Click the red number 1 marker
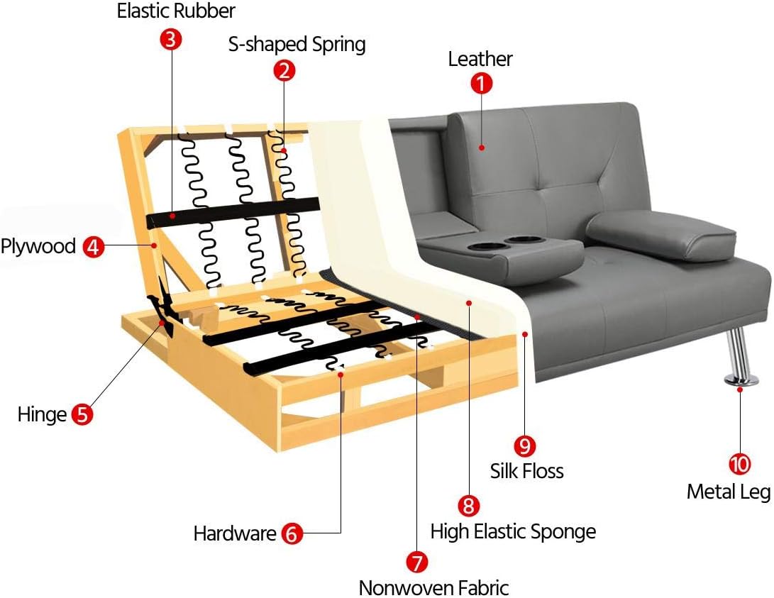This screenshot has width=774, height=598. [481, 83]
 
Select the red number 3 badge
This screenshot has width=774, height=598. [170, 38]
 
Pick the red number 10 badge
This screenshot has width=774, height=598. [739, 465]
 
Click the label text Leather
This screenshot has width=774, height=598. [480, 59]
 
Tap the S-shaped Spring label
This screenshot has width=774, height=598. [297, 45]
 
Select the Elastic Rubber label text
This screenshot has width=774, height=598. [176, 11]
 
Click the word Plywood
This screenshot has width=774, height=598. [38, 247]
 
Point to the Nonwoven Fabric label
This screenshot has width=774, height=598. [433, 587]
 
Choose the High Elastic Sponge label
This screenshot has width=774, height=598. [513, 531]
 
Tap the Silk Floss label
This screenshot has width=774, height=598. [526, 471]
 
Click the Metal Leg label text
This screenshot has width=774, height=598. [729, 491]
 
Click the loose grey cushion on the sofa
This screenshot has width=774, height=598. [661, 235]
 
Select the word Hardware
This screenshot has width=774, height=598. [234, 533]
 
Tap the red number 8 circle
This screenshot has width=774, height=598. [468, 506]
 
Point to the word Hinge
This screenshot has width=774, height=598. [42, 414]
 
